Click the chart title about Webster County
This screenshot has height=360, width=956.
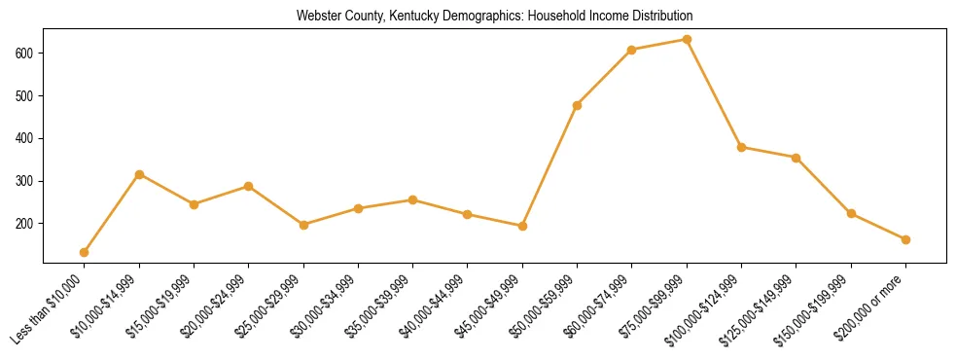(494, 17)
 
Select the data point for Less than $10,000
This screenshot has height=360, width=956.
(85, 252)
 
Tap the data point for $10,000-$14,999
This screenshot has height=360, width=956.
(139, 174)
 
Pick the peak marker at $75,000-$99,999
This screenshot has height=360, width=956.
(687, 40)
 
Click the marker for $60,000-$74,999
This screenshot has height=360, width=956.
(632, 50)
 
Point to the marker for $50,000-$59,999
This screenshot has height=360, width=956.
(578, 105)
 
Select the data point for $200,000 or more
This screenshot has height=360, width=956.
(905, 239)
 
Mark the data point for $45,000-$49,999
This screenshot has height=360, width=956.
(523, 226)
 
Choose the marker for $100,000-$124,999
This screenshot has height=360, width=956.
(742, 148)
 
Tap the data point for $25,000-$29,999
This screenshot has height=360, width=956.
(303, 225)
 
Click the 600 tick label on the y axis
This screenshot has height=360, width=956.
(25, 53)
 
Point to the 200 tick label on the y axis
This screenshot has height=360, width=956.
(25, 224)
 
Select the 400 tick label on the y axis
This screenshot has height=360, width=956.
(25, 138)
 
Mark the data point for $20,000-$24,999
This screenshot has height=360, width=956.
(249, 186)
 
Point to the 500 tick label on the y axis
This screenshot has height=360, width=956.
(25, 95)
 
